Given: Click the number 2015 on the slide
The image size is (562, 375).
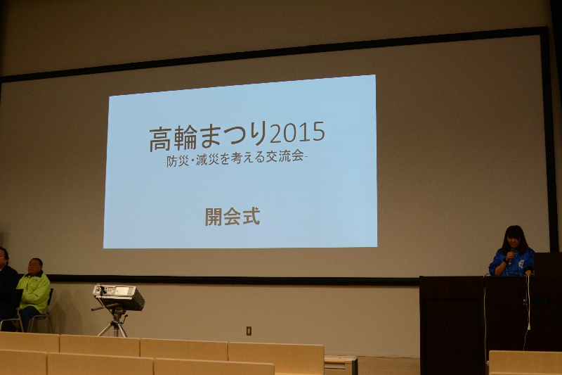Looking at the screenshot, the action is coord(297,132).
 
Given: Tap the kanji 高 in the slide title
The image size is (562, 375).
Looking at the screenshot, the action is coord(161,139).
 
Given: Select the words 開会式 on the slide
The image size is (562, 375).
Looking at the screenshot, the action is coord(233,217).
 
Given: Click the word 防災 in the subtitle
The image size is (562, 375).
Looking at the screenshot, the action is coord(178,162).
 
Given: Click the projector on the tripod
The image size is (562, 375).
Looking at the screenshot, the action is coord(119,296).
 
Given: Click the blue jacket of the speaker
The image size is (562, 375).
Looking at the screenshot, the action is coord(511,262).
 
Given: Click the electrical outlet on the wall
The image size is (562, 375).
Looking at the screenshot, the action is coord(249,331).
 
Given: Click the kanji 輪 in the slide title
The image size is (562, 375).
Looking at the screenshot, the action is coord(185,137).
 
